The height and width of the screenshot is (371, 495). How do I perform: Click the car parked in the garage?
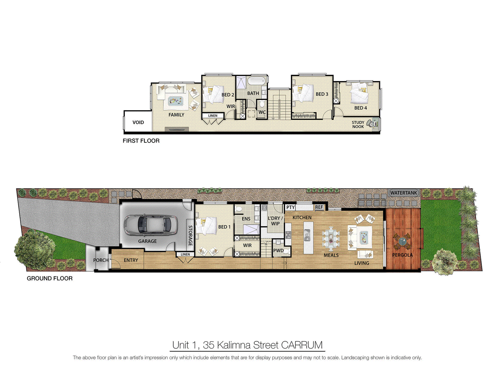(151, 224)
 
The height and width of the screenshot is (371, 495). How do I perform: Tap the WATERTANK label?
(403, 193)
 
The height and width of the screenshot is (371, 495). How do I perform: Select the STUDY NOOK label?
(358, 125)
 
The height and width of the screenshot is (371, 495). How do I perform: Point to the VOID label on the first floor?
(138, 122)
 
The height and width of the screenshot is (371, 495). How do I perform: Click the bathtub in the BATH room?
(256, 81)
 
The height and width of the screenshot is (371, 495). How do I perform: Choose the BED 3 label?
(322, 94)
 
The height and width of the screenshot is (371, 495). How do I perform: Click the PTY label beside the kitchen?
(290, 207)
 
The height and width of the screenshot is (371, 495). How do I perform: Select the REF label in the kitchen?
(319, 207)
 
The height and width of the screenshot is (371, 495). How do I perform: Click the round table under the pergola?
(402, 241)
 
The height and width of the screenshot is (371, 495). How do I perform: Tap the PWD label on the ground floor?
(278, 251)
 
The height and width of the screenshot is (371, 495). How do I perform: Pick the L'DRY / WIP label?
(275, 221)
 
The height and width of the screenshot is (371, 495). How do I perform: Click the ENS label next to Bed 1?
(246, 219)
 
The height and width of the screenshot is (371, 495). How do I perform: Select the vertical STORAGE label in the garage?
(190, 236)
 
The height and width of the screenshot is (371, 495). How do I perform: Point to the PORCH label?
(101, 260)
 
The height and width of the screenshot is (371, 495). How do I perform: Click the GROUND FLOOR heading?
(49, 279)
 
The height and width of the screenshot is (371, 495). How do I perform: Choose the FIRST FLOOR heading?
(141, 141)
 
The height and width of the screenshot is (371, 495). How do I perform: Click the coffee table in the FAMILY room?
(175, 101)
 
